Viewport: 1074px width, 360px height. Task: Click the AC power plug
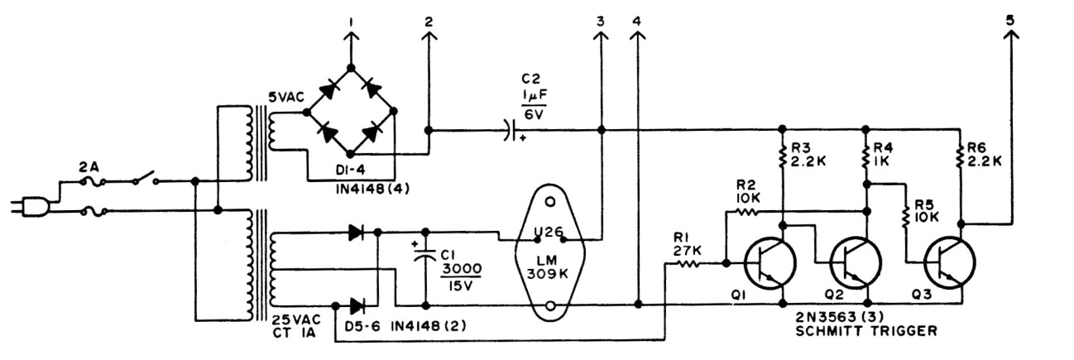tap(26, 206)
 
